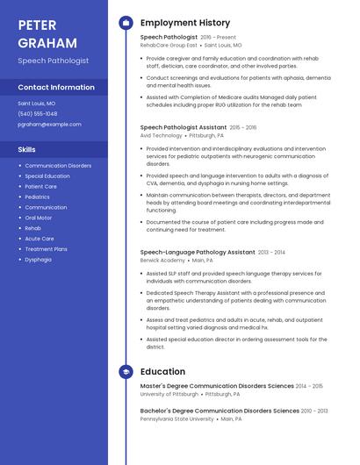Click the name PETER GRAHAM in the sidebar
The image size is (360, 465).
click(x=47, y=35)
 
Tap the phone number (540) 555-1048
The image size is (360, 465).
click(x=38, y=113)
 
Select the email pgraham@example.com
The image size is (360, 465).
click(x=49, y=125)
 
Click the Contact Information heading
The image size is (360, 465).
click(x=56, y=88)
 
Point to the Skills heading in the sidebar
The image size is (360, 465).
click(x=27, y=149)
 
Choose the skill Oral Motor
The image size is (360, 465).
click(x=39, y=218)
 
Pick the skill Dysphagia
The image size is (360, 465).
click(x=39, y=260)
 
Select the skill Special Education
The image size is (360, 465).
click(x=47, y=176)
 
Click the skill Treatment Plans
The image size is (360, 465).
click(x=47, y=249)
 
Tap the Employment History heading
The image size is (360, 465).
click(x=185, y=23)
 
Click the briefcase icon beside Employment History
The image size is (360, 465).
click(x=126, y=23)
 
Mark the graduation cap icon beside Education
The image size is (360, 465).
click(x=126, y=372)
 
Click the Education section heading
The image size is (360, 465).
click(x=162, y=372)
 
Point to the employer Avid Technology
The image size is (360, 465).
click(x=162, y=136)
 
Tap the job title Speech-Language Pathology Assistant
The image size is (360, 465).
click(x=198, y=252)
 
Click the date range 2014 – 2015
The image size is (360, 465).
click(x=309, y=386)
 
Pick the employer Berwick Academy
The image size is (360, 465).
click(x=163, y=261)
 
